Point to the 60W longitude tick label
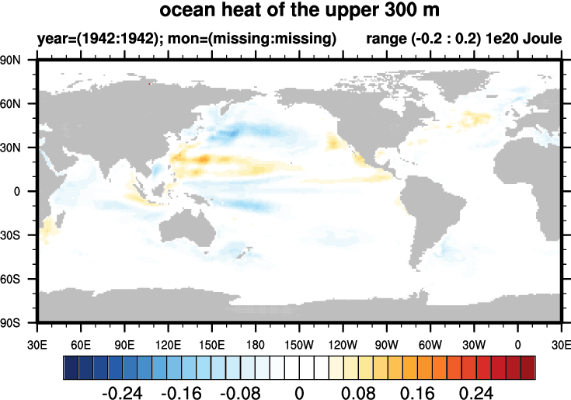pos(430,343)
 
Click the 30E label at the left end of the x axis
pos(37,343)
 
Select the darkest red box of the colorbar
pos(528,365)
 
